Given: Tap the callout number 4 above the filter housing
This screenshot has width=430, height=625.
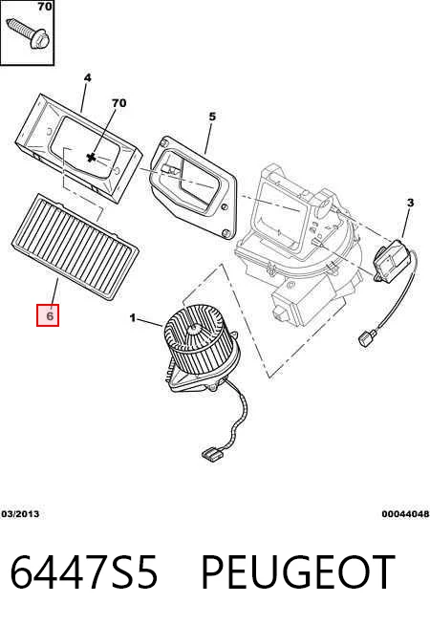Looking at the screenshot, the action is pyautogui.click(x=87, y=77).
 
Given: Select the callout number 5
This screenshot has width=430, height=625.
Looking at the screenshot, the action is pyautogui.click(x=212, y=117).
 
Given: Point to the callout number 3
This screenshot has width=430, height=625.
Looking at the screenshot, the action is pyautogui.click(x=410, y=203).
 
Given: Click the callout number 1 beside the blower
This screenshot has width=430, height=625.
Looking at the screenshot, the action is pyautogui.click(x=133, y=318).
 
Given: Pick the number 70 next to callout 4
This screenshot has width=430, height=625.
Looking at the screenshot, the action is pyautogui.click(x=119, y=103).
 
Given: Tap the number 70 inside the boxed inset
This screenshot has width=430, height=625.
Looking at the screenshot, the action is pyautogui.click(x=44, y=6).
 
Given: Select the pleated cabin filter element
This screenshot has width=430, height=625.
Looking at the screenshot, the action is pyautogui.click(x=75, y=247).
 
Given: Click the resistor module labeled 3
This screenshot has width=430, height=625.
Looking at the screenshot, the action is pyautogui.click(x=391, y=260).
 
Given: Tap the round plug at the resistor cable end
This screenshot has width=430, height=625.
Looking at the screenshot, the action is pyautogui.click(x=365, y=338).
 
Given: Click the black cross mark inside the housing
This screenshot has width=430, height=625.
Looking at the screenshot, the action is pyautogui.click(x=92, y=158).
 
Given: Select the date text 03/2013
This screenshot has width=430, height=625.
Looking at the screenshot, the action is pyautogui.click(x=20, y=514).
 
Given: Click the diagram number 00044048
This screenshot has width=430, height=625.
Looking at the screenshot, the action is pyautogui.click(x=406, y=514).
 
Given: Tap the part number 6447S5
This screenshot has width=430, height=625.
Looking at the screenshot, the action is pyautogui.click(x=84, y=572).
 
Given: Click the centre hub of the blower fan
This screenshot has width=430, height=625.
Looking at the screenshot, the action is pyautogui.click(x=195, y=329).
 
